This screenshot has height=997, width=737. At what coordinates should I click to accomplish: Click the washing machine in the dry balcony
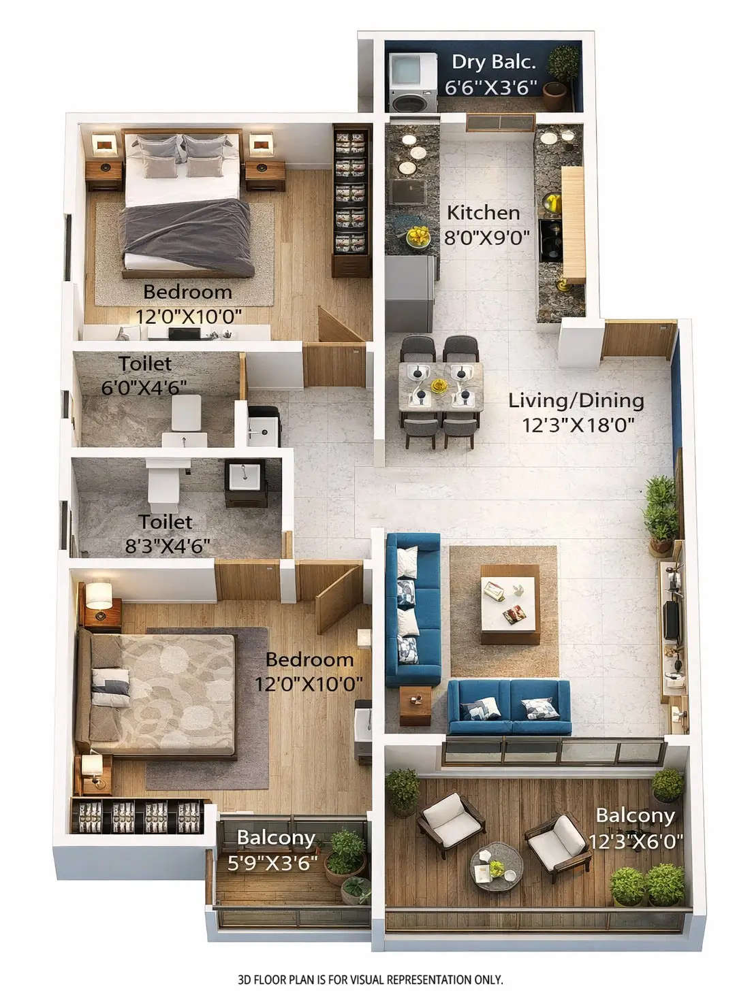[x=413, y=82]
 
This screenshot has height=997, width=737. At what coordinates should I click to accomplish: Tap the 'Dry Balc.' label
[x=493, y=62]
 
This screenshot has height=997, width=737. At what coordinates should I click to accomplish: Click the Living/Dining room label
[x=576, y=400]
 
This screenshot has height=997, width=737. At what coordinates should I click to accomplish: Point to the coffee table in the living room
[x=510, y=603]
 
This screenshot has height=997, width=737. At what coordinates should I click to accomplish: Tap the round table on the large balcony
[x=497, y=866]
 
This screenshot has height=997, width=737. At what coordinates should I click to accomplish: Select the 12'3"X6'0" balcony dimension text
[x=635, y=842]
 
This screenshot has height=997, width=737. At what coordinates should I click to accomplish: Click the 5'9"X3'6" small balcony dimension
[x=273, y=863]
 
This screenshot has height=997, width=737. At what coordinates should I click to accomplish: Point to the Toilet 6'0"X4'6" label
[x=144, y=375]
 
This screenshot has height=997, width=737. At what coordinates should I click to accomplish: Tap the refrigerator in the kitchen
[x=410, y=293]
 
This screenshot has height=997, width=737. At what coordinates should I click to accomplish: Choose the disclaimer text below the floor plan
[x=370, y=980]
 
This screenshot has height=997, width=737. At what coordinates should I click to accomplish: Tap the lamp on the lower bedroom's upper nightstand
[x=98, y=595]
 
